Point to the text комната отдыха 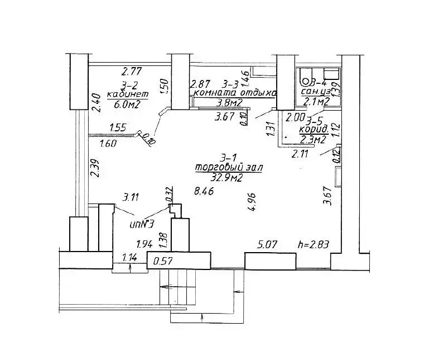pos(235,93)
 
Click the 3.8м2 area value pos(229,103)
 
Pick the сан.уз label pos(316,92)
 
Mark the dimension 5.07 pos(269,244)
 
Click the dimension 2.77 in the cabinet pos(133,71)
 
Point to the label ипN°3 pos(141,224)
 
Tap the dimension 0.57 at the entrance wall pos(163,260)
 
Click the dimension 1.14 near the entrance pos(130,258)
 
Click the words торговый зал pos(229,168)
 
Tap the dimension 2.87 pos(200,84)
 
